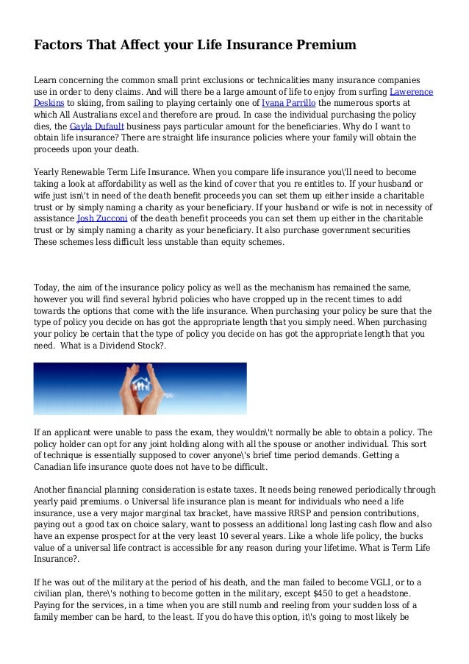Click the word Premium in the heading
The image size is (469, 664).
point(326,46)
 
